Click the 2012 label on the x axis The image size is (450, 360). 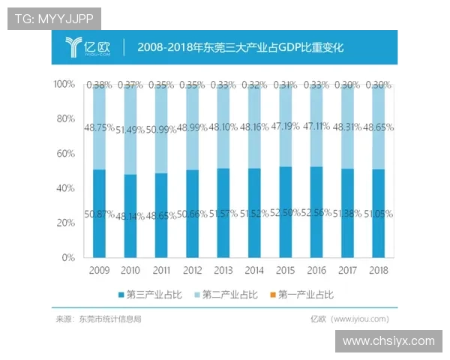[x=192, y=270]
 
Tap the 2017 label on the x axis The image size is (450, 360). [x=347, y=270]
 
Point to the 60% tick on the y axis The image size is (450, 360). [x=65, y=154]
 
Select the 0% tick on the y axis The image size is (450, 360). [x=68, y=257]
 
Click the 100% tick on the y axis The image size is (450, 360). [x=64, y=85]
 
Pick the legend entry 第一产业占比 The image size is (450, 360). [x=302, y=294]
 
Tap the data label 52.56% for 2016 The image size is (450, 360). [x=316, y=213]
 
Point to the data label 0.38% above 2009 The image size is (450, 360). [x=99, y=85]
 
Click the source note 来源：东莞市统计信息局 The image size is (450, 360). [x=98, y=319]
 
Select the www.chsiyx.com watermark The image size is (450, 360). [x=388, y=341]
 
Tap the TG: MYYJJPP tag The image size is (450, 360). [x=53, y=19]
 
